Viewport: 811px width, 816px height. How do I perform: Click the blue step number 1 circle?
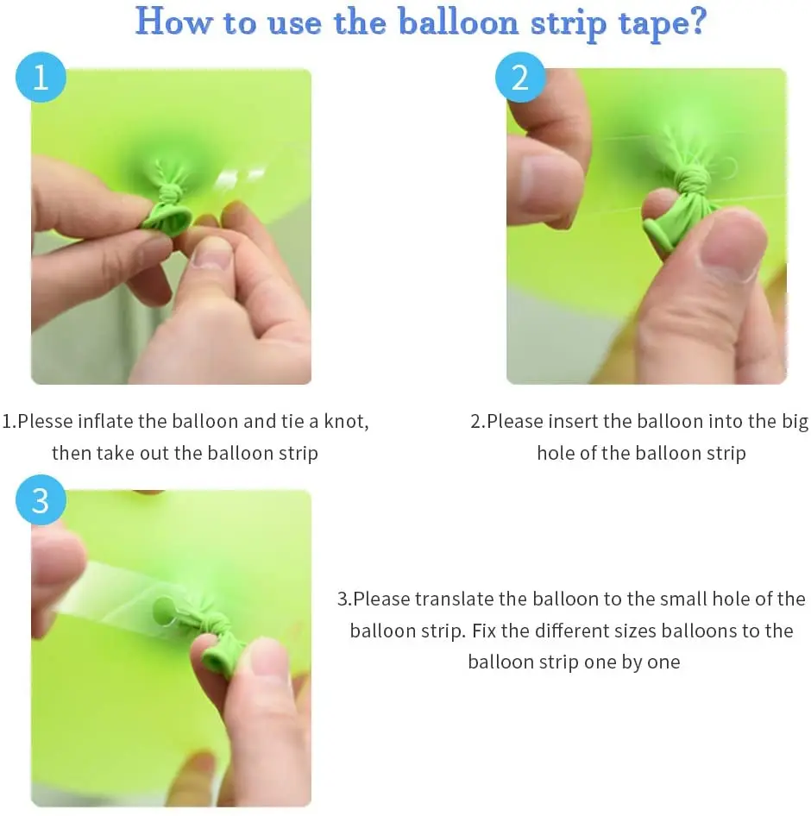(41, 77)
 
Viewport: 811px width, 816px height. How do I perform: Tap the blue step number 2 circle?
(520, 77)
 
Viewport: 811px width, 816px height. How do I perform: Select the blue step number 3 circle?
(41, 499)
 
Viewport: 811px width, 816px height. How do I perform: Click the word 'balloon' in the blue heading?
(459, 23)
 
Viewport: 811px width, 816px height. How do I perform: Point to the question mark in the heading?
(696, 22)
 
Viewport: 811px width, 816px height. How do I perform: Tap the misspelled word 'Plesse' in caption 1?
(45, 421)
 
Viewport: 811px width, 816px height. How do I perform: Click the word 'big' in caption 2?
(795, 423)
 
